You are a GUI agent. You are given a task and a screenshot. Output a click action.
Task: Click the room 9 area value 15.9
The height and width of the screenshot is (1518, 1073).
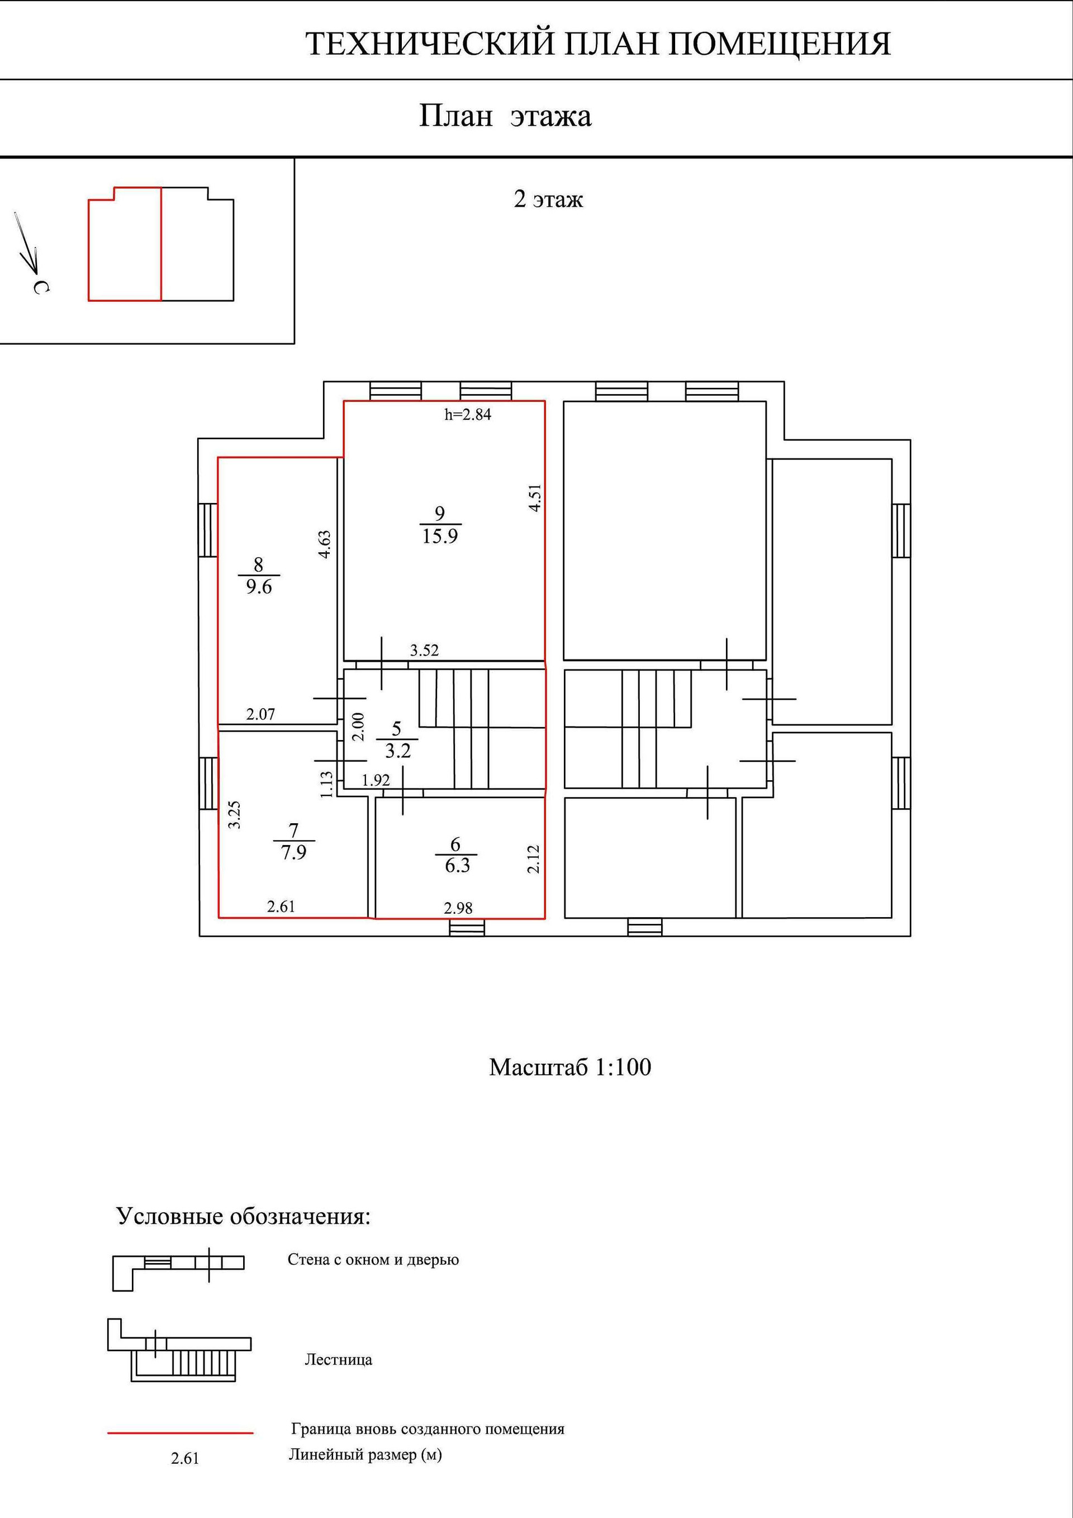(x=440, y=535)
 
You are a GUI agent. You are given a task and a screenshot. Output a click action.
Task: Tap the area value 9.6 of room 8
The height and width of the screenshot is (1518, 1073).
(x=259, y=586)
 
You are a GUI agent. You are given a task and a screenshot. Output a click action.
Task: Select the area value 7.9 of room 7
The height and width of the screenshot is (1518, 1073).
(x=293, y=852)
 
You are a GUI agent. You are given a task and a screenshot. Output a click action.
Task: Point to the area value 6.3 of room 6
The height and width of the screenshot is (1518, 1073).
(x=457, y=865)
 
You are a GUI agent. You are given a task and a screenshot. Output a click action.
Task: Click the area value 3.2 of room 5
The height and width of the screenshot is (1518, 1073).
(x=397, y=751)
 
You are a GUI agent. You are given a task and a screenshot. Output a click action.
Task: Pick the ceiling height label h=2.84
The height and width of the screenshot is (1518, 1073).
(x=467, y=415)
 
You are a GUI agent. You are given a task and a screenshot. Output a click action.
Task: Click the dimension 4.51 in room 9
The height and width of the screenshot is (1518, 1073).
(x=535, y=497)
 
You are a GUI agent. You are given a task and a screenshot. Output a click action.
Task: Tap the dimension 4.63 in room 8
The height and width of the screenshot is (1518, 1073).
(x=324, y=544)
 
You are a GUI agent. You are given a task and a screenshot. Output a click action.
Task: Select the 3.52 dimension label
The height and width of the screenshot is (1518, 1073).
(x=424, y=650)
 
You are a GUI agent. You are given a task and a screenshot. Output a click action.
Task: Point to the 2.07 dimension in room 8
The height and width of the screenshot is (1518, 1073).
(x=260, y=714)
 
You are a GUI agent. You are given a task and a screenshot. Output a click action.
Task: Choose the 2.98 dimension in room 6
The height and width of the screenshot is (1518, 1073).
(x=458, y=908)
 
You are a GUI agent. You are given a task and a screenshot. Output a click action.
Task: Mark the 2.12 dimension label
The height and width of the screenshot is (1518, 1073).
(x=534, y=859)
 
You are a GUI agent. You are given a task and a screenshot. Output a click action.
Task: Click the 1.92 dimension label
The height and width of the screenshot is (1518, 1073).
(x=376, y=780)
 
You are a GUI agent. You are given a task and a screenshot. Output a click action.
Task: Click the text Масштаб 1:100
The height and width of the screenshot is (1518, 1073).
(x=570, y=1066)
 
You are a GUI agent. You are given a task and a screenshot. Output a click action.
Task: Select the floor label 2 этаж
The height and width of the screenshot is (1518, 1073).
(x=548, y=199)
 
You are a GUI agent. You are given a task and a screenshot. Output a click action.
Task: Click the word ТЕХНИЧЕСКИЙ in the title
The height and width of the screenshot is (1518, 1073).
(x=429, y=44)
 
